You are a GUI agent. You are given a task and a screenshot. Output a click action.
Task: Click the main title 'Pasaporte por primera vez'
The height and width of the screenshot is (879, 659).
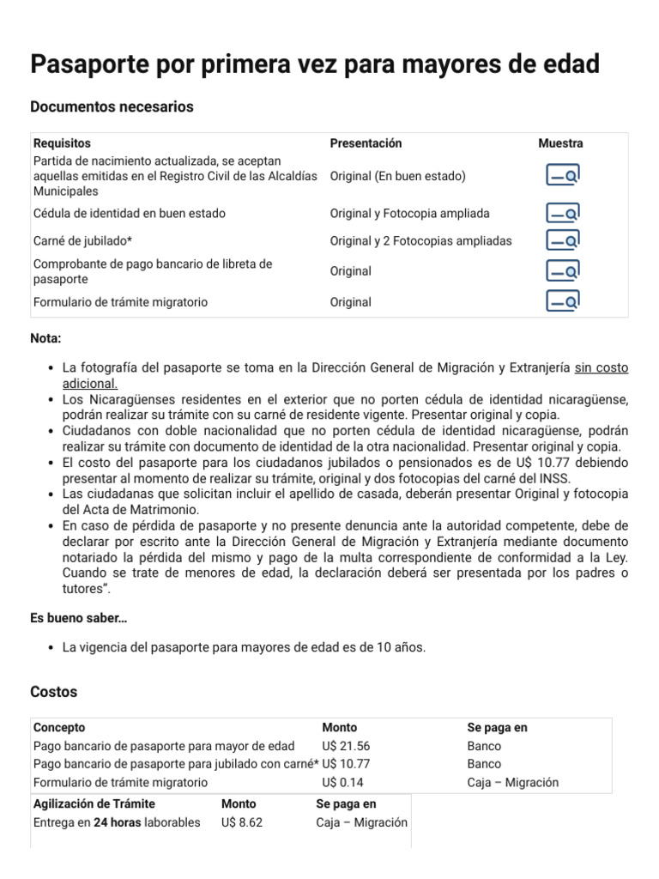point(315,64)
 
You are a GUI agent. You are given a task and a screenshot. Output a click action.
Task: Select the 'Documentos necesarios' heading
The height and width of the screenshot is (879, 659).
point(112,107)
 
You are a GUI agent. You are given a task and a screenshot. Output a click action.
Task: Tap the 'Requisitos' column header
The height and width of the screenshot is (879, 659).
point(62,143)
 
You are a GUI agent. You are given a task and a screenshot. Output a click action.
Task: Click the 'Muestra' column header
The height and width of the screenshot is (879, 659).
point(560,143)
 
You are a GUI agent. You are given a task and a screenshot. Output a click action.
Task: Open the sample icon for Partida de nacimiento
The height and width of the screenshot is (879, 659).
point(563,176)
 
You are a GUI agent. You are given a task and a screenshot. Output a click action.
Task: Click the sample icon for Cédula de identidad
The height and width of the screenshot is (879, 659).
point(563,213)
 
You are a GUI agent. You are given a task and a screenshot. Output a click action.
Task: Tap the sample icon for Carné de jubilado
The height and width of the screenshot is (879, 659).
point(563,240)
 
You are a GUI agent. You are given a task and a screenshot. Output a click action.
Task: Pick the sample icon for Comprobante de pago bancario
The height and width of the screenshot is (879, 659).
point(563,271)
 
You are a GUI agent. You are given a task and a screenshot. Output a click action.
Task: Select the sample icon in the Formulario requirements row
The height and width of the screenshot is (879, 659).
point(563,302)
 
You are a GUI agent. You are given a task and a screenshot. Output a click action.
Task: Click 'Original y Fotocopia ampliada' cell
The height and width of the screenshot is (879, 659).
point(409,213)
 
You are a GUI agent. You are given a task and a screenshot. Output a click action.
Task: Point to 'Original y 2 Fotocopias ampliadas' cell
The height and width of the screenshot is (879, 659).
point(420,240)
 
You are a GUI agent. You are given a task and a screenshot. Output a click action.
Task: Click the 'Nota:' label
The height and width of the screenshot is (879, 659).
point(46,339)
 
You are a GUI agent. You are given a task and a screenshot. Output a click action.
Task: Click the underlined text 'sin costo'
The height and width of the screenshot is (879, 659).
point(601,367)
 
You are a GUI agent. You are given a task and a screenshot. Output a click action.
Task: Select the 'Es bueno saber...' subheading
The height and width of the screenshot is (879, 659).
point(79,618)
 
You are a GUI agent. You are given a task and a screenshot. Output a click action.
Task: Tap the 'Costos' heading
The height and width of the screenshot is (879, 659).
point(53,692)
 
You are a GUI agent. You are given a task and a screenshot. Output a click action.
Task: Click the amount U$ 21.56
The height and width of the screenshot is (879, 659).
point(346,746)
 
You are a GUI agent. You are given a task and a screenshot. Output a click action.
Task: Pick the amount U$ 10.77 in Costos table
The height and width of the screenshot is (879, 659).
point(346,764)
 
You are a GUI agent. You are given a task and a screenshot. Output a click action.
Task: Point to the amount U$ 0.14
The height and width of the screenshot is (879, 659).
point(342,782)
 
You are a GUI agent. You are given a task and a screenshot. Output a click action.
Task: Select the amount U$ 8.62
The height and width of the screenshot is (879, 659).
point(241,822)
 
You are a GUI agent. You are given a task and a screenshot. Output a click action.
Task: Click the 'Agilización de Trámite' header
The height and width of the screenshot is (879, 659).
point(96,804)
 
